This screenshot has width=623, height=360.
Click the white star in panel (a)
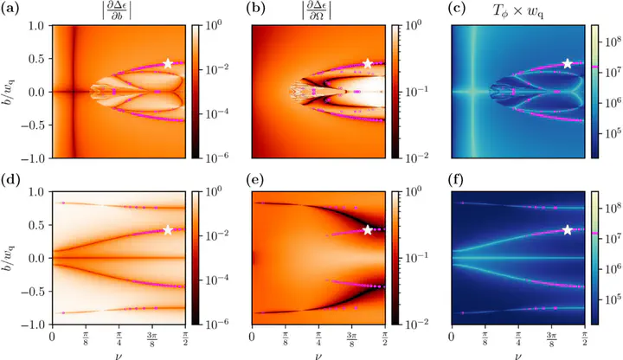(x=168, y=63)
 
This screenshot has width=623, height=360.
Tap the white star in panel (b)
(x=368, y=63)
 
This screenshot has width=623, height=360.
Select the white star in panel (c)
(x=568, y=63)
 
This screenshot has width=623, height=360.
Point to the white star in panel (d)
(x=168, y=229)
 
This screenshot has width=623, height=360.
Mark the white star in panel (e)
(x=368, y=229)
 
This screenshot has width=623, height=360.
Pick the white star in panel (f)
(x=568, y=229)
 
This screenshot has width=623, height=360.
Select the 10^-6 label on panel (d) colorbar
(x=214, y=325)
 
